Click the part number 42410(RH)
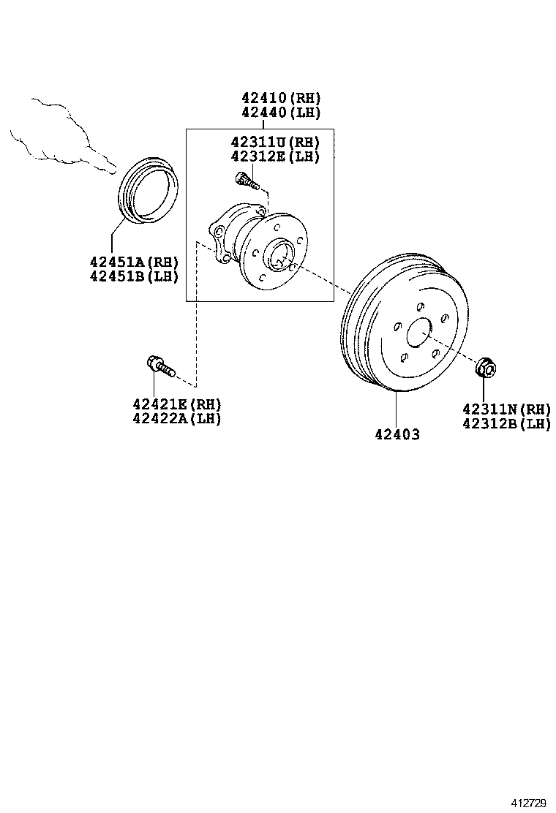pyautogui.click(x=281, y=98)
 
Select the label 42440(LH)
pyautogui.click(x=281, y=113)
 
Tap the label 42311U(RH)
pyautogui.click(x=274, y=142)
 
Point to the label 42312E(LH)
pyautogui.click(x=274, y=156)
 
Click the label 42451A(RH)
pyautogui.click(x=134, y=262)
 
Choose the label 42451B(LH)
pyautogui.click(x=134, y=276)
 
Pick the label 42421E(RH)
pyautogui.click(x=177, y=404)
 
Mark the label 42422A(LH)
pyautogui.click(x=177, y=418)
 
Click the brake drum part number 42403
pyautogui.click(x=397, y=434)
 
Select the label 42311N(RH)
pyautogui.click(x=506, y=409)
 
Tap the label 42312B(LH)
pyautogui.click(x=506, y=423)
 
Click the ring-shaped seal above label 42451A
pyautogui.click(x=149, y=188)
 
